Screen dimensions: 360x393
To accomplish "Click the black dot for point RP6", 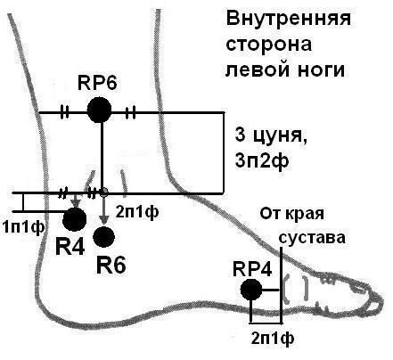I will [100, 110].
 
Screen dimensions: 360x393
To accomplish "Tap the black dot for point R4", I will [75, 218].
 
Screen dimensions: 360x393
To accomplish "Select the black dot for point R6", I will [104, 236].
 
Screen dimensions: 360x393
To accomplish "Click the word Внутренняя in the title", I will [276, 19].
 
